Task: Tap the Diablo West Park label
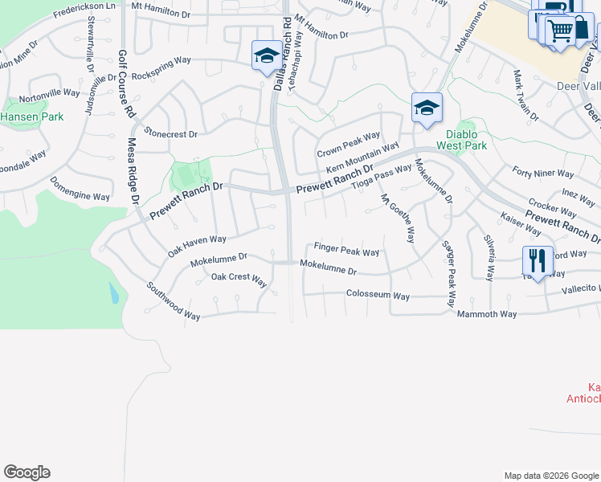click(462, 141)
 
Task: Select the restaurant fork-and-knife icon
click(536, 260)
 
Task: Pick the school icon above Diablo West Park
click(427, 108)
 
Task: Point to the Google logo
click(27, 472)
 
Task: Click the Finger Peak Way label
click(346, 251)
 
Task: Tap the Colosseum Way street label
click(378, 295)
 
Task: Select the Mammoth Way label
click(487, 313)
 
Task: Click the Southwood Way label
click(173, 301)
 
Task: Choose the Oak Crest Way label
click(239, 279)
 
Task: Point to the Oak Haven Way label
click(197, 244)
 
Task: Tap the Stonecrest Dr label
click(170, 132)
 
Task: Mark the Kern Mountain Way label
click(362, 158)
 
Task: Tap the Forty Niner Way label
click(543, 173)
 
